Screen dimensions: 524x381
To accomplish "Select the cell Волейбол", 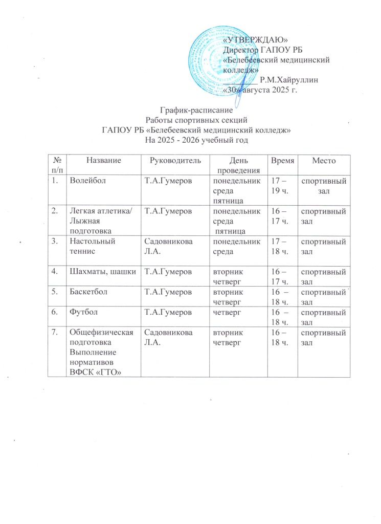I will (x=85, y=180).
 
